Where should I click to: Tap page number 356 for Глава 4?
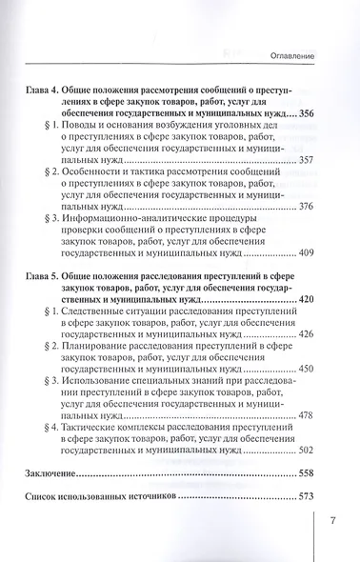point(302,113)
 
